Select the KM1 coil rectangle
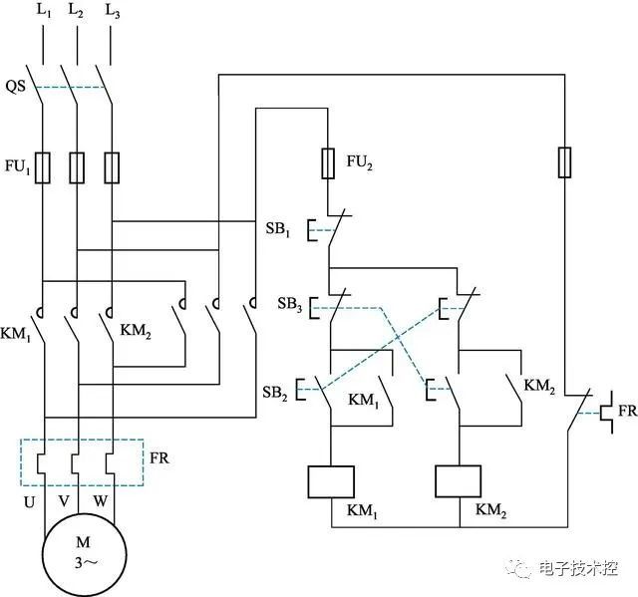[331, 481]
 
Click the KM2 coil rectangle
[461, 481]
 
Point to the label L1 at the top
[43, 11]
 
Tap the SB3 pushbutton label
[289, 302]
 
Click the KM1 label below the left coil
[360, 510]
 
